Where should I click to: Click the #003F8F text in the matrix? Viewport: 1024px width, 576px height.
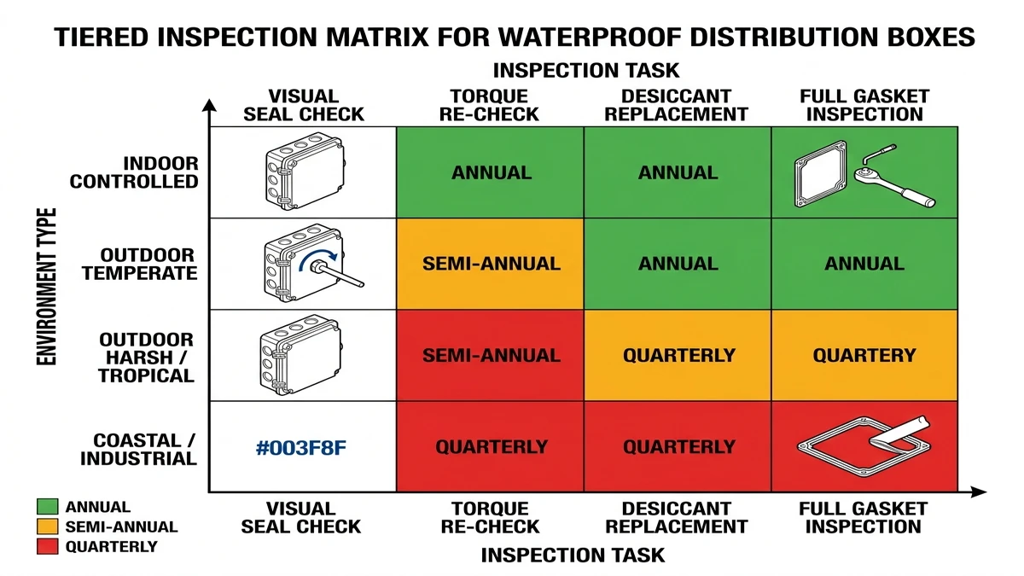coord(301,447)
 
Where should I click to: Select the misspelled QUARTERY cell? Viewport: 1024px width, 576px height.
coord(864,355)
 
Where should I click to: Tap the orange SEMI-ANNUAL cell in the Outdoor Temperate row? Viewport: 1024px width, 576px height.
coord(491,264)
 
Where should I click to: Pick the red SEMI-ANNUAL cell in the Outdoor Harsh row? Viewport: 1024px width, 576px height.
coord(491,355)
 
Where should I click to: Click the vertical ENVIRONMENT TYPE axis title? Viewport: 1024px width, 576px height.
coord(47,286)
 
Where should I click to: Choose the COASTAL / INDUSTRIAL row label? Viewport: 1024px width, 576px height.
coord(139,450)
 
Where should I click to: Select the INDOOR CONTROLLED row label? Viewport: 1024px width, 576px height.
coord(134,172)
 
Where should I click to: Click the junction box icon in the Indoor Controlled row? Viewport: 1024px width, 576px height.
coord(302,171)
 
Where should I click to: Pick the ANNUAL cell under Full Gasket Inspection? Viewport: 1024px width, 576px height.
coord(864,264)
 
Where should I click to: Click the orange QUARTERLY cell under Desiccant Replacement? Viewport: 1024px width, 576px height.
coord(678,355)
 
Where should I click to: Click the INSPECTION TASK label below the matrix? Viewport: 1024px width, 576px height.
coord(573,556)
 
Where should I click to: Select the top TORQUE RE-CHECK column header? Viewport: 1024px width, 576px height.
coord(490,106)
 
